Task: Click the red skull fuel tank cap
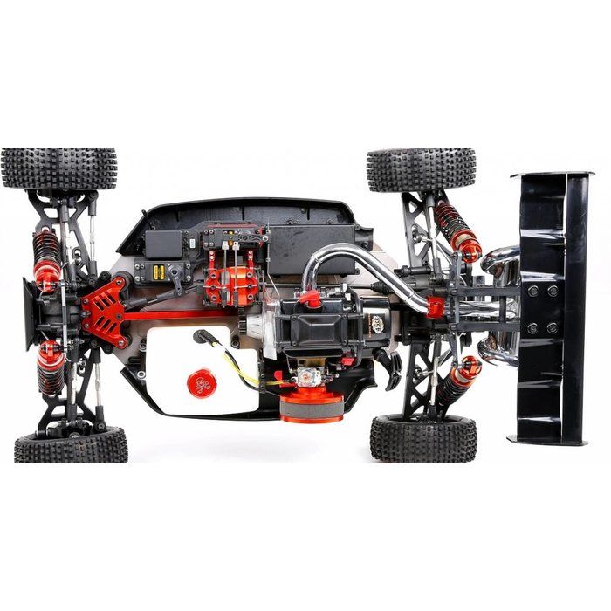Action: pos(202,383)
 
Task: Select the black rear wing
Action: pos(550,305)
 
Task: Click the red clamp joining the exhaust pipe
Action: pos(435,307)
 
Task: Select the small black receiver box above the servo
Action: pos(161,241)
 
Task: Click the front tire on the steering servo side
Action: pos(58,168)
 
